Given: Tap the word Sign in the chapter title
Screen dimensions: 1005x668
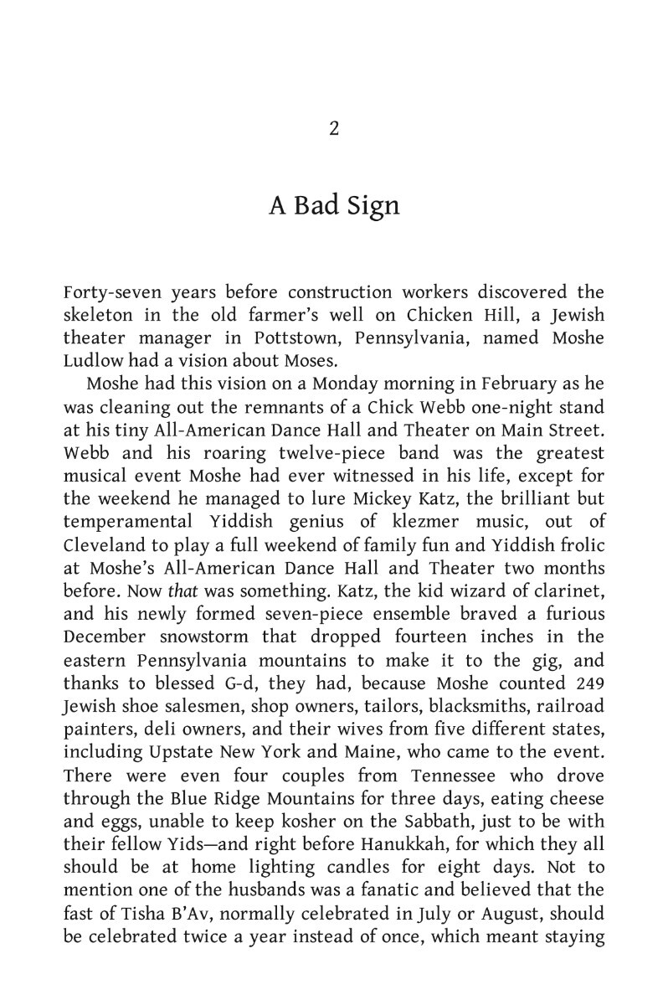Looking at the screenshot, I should coord(371,206).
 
